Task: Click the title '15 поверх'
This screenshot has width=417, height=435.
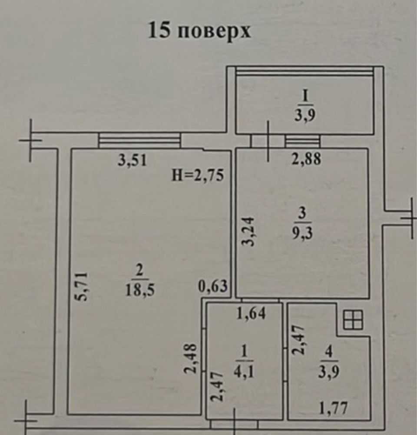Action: point(199,31)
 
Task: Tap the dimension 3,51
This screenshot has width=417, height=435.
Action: point(133,161)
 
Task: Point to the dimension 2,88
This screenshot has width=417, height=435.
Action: point(307,159)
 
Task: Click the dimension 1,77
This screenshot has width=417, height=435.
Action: point(334,408)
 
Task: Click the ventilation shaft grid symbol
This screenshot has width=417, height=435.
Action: point(353,321)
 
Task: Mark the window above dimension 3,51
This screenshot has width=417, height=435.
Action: point(139,141)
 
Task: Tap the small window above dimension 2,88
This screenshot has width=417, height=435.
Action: point(303,141)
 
